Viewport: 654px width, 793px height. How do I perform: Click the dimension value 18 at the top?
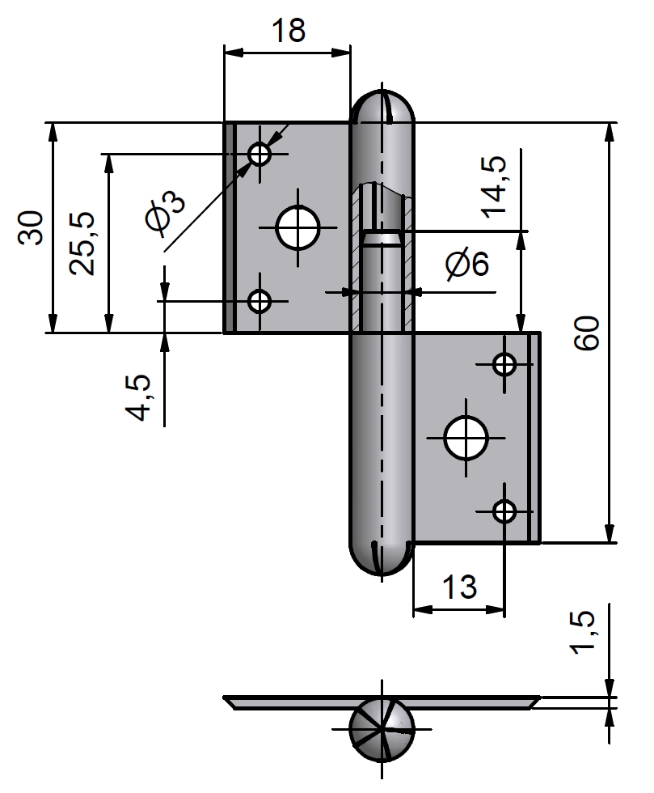(288, 31)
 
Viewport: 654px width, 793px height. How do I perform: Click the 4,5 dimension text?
(139, 396)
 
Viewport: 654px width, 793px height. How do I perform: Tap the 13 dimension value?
(458, 587)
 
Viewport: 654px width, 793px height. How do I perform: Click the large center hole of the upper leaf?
(297, 228)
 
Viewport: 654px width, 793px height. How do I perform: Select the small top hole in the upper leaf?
(259, 154)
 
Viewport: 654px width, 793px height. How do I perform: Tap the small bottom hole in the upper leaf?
(259, 302)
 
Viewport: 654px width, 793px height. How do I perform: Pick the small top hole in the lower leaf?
(505, 364)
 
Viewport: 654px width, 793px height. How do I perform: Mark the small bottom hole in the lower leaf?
(505, 511)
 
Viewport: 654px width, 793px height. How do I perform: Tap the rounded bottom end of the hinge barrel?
(381, 558)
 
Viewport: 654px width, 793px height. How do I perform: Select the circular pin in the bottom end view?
(382, 727)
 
